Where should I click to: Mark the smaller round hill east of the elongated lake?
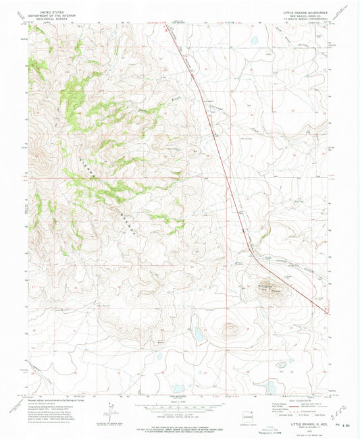point(229,329)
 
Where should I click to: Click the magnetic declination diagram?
point(109,410)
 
